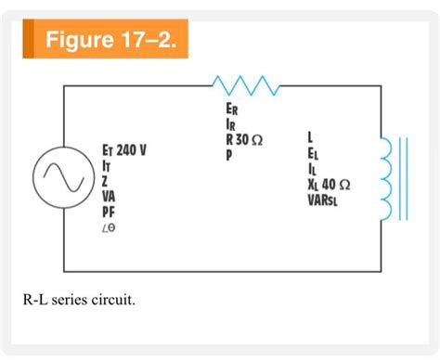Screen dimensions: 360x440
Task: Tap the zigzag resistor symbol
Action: point(243,86)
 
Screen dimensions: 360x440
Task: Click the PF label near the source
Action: point(109,212)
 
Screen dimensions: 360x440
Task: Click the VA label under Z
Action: point(109,197)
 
